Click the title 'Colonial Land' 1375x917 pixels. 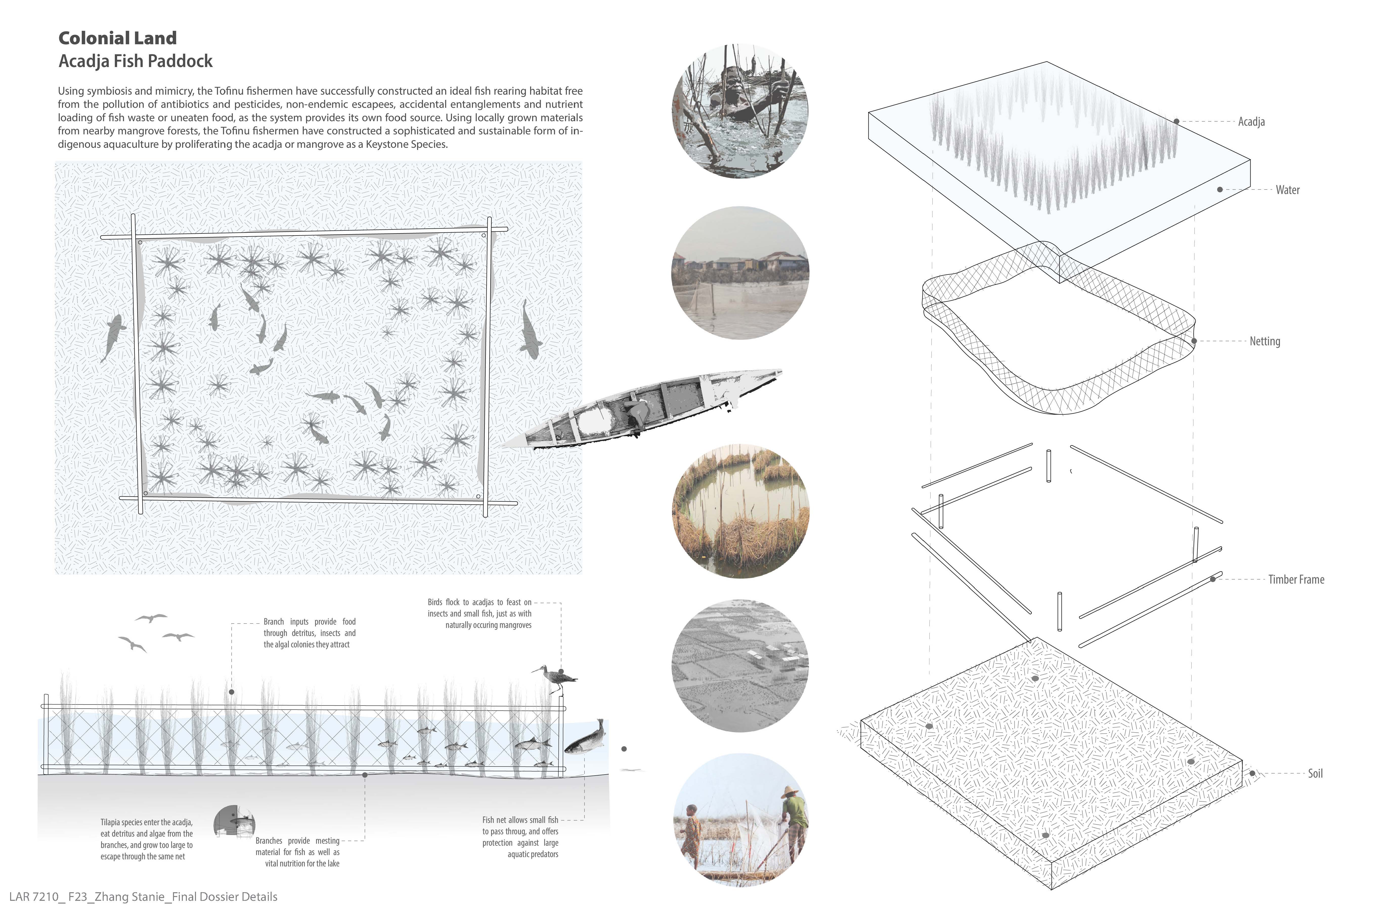click(x=118, y=38)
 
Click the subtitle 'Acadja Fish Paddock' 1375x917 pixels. click(x=136, y=61)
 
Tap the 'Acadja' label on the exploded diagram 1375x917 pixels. click(x=1251, y=122)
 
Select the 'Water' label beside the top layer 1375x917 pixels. click(x=1287, y=189)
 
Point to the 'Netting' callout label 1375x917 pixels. click(x=1264, y=341)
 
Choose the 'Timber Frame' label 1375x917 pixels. click(x=1296, y=579)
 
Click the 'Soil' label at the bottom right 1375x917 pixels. click(x=1315, y=773)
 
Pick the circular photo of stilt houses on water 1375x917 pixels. click(x=740, y=272)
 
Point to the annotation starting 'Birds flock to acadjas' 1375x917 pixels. click(x=479, y=613)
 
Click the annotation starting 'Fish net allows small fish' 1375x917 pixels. click(x=520, y=837)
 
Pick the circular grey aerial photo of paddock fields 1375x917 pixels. click(x=740, y=666)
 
